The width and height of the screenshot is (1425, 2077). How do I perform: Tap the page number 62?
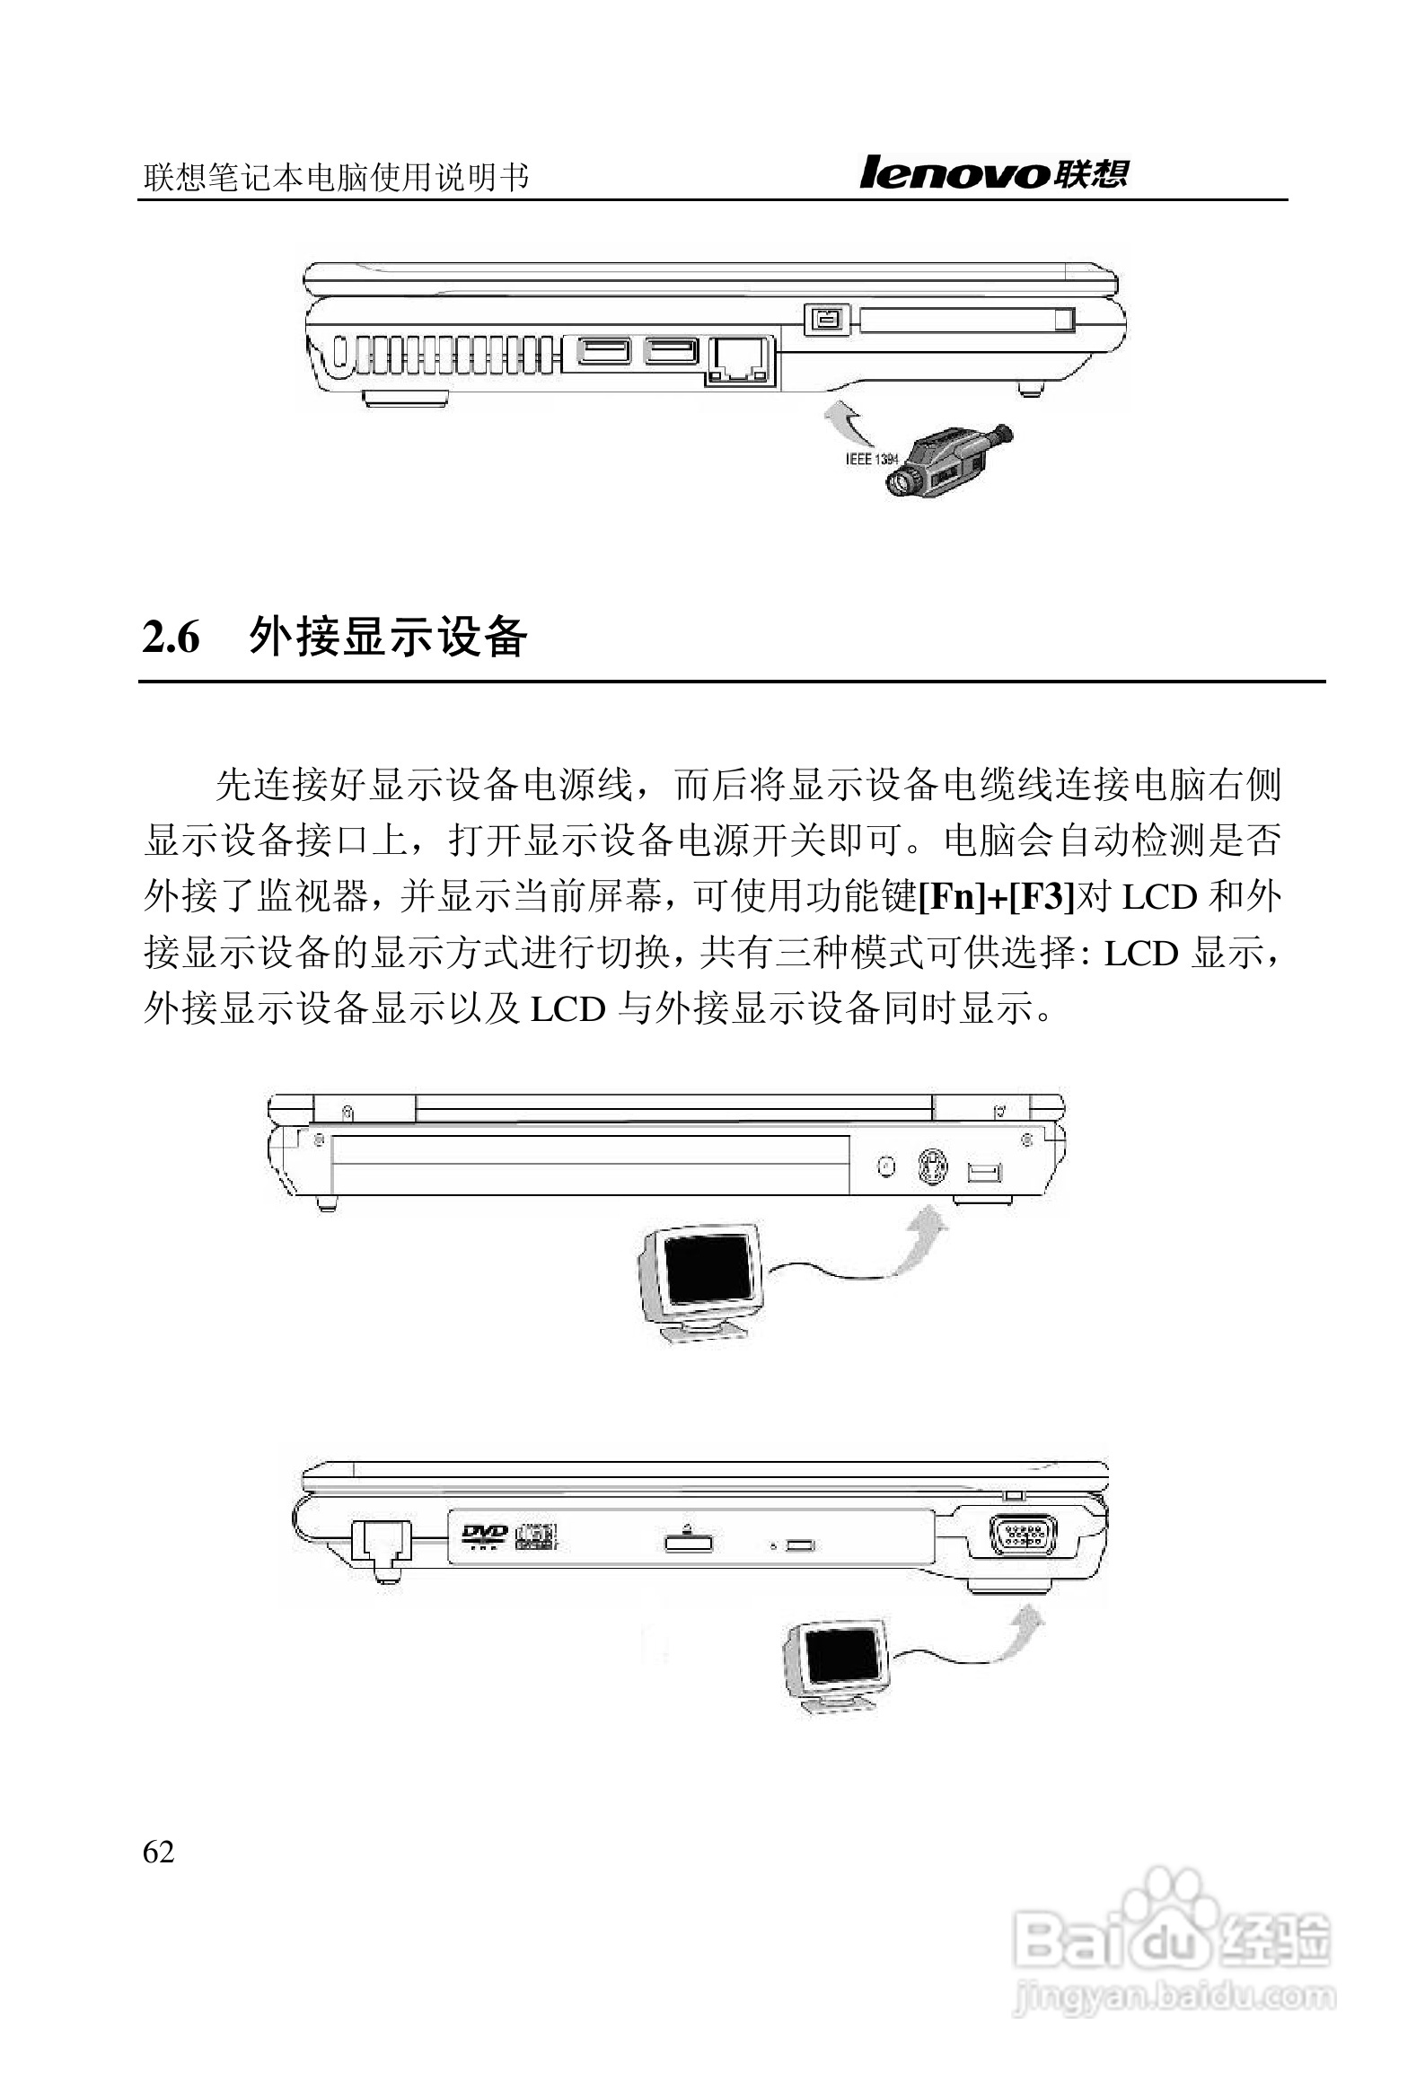(159, 1852)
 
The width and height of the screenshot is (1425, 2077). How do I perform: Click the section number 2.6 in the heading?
(171, 638)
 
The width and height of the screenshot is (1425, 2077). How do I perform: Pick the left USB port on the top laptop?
(604, 351)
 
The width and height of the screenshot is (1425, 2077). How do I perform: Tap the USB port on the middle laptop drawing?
(985, 1171)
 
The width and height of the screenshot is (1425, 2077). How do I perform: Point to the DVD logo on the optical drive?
(484, 1536)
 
